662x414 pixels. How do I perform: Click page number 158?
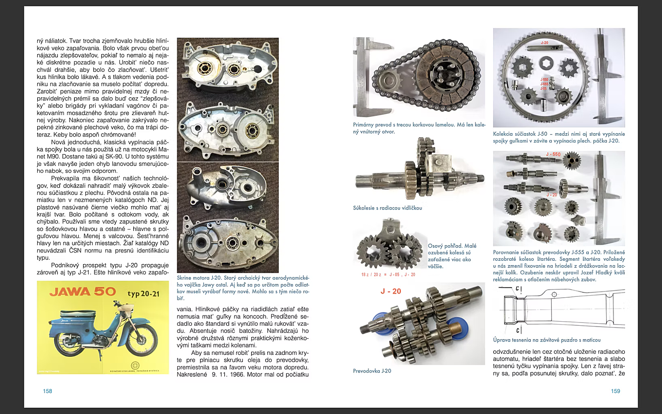coord(48,391)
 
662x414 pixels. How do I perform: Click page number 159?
coord(615,391)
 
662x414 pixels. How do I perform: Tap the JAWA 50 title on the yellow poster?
coord(83,292)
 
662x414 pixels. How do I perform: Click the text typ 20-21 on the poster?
coord(143,294)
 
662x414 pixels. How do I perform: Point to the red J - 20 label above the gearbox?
coord(391,291)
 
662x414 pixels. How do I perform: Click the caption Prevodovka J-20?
coord(372,371)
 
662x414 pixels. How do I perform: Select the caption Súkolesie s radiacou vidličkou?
coord(387,208)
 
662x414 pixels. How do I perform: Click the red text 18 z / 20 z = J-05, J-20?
coord(388,274)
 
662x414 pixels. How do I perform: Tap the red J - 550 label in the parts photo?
coord(553,154)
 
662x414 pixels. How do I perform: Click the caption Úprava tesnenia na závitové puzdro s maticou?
coord(547,340)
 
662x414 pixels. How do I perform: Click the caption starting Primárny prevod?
coord(419,128)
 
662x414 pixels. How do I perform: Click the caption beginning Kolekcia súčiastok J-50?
coord(559,137)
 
